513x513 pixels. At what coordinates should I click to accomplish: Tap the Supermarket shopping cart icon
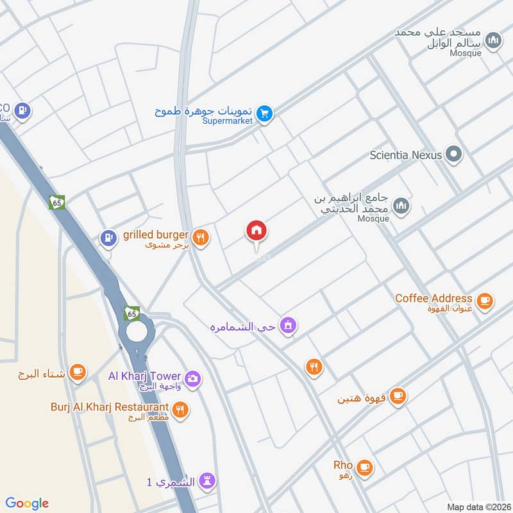point(264,114)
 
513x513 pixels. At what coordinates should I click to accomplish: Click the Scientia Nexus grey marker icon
point(454,155)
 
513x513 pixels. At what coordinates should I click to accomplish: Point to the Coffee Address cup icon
point(485,300)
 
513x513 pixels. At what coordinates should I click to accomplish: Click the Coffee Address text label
point(433,298)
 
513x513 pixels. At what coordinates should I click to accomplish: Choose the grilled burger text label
point(155,235)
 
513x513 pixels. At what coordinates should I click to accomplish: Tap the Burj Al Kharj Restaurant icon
point(181,409)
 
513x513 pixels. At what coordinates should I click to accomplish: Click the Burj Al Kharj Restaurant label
point(110,407)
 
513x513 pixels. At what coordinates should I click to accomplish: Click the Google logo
point(26,503)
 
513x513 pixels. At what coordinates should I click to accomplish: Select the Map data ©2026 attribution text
point(478,507)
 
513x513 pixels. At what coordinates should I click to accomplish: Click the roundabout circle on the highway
point(136,332)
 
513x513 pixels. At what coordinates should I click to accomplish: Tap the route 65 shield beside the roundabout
point(132,313)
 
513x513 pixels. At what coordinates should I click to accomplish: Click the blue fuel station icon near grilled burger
point(107,239)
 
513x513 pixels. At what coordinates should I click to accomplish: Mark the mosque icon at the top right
point(492,42)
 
